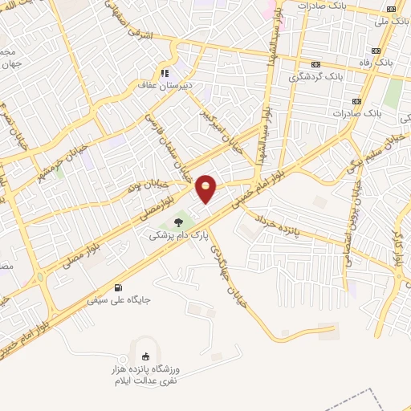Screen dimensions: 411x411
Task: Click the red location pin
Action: click(x=206, y=189)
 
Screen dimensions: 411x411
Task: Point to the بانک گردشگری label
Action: click(x=315, y=78)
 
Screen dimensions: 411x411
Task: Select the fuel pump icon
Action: click(x=120, y=287)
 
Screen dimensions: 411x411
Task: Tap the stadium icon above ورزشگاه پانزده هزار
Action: click(x=145, y=357)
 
